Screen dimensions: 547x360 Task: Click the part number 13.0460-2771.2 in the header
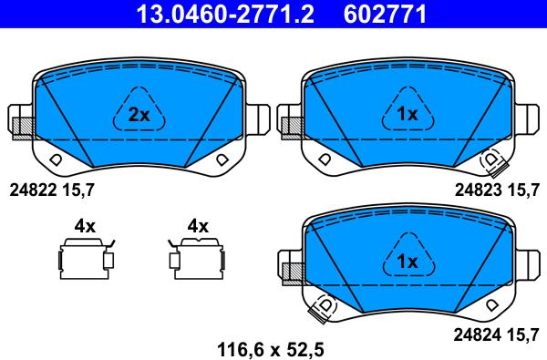[x=225, y=14]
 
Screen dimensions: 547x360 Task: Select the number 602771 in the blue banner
[x=385, y=14]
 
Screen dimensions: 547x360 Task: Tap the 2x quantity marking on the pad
[x=139, y=115]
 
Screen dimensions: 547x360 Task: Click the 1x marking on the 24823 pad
[x=408, y=114]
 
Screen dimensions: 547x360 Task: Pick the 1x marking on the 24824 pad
[x=408, y=261]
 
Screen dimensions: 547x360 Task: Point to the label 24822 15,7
[x=52, y=190]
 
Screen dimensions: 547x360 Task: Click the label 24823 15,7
[x=497, y=190]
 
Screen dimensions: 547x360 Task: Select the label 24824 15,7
[x=497, y=335]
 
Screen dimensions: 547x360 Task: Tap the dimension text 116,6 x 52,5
[x=271, y=349]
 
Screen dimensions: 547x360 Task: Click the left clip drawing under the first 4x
[x=86, y=259]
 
